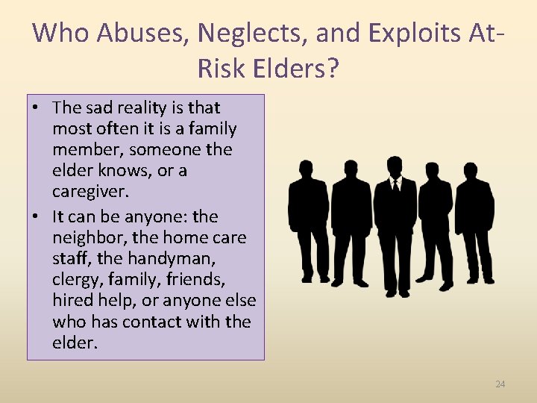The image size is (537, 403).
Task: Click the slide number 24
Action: point(500,384)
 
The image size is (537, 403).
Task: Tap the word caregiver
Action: point(90,191)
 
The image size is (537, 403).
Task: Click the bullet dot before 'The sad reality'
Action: point(35,108)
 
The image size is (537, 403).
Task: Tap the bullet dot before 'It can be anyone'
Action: point(35,217)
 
